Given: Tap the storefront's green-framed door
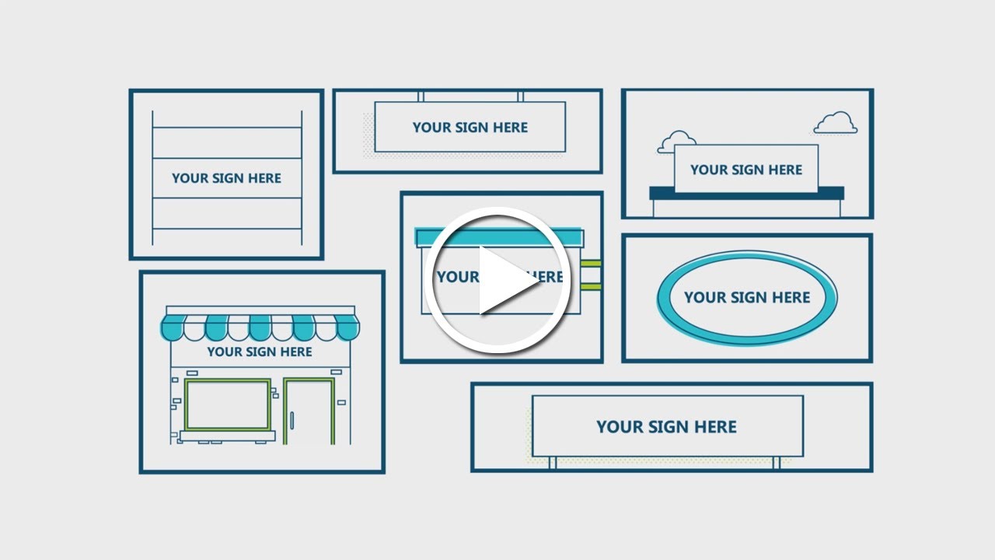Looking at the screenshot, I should (x=309, y=411).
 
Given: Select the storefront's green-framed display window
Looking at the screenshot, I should (x=228, y=404).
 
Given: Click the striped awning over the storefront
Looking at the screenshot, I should (x=260, y=327).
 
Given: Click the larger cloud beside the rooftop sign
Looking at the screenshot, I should (x=836, y=123).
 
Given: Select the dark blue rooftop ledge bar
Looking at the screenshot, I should (x=746, y=193).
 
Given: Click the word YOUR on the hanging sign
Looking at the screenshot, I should (x=431, y=128).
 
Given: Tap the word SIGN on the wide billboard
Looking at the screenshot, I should (x=667, y=427).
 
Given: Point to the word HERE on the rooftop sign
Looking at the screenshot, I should (x=785, y=170).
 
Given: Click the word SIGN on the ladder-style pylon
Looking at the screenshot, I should (x=227, y=178).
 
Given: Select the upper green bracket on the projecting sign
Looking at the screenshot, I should (x=591, y=264).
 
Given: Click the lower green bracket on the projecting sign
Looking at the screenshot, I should (x=591, y=287).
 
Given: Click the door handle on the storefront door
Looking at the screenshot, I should (x=292, y=419).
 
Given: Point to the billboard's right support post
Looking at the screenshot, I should (x=776, y=463).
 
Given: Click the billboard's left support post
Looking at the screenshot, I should (x=553, y=463).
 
